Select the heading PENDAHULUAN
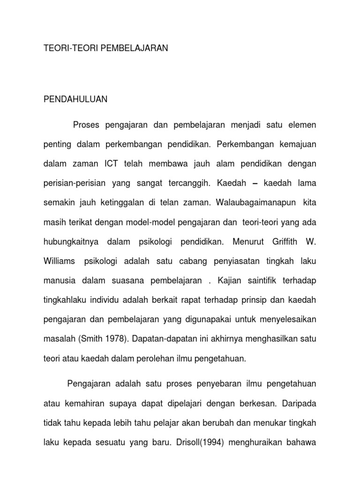click(x=75, y=99)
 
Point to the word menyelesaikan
click(x=285, y=319)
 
